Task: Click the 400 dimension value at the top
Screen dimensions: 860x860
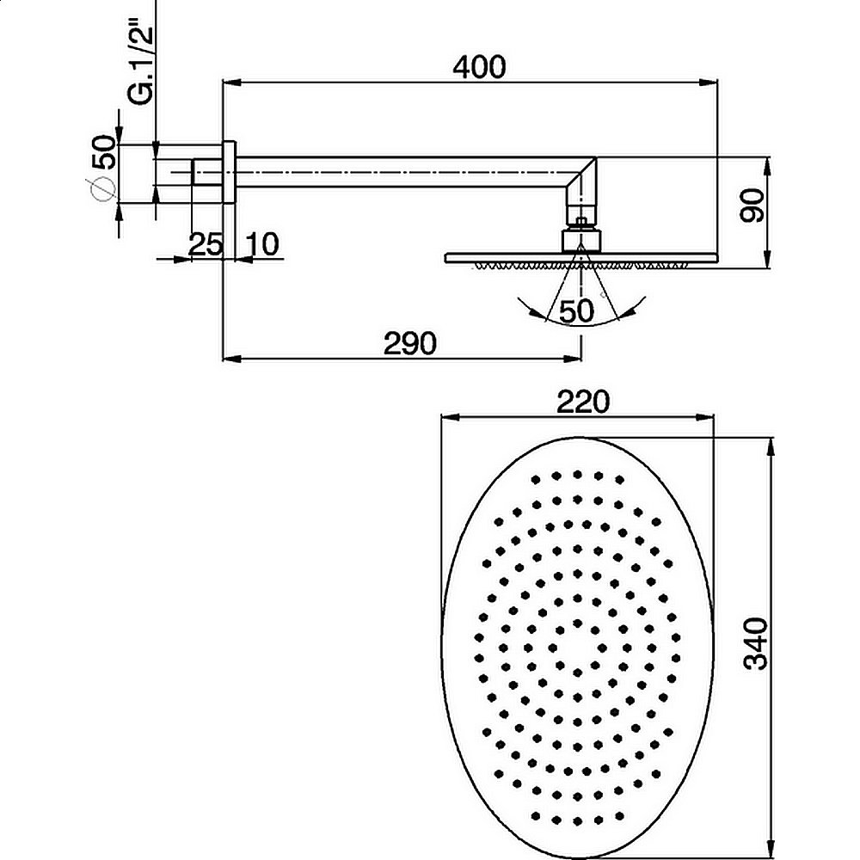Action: [x=478, y=66]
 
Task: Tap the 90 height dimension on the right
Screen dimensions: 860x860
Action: [x=752, y=206]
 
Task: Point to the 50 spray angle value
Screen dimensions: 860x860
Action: [x=577, y=311]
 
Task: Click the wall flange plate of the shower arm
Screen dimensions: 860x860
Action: [x=230, y=172]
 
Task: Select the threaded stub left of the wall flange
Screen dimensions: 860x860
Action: [x=207, y=172]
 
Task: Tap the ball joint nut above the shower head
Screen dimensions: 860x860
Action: [x=582, y=238]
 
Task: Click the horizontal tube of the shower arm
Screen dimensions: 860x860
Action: [x=396, y=172]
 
